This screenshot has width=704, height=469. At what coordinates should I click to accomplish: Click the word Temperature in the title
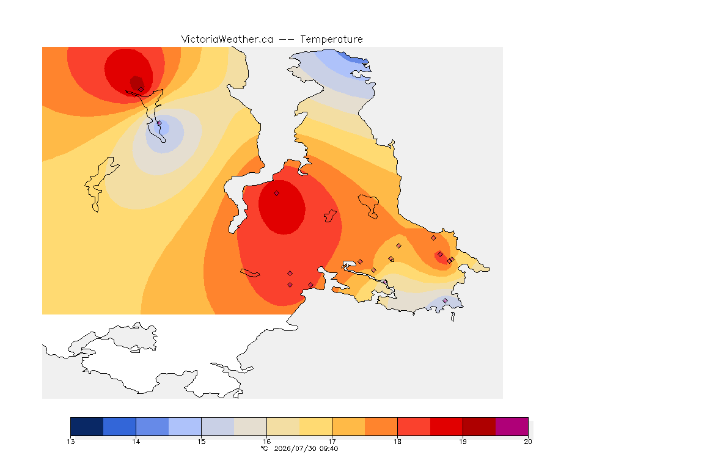[x=331, y=40]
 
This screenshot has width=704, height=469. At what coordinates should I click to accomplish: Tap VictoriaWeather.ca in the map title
[x=227, y=40]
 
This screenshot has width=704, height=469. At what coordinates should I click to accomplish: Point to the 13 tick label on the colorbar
[x=70, y=442]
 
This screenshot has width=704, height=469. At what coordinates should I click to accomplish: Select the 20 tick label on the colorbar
[x=528, y=442]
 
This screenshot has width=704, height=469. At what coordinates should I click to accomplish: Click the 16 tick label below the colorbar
[x=266, y=442]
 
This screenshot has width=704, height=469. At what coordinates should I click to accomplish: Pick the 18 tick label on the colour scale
[x=397, y=442]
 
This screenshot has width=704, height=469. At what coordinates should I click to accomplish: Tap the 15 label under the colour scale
[x=201, y=442]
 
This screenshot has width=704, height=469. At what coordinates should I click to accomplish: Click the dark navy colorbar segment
[x=87, y=426]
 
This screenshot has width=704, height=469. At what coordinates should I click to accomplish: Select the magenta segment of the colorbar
[x=512, y=426]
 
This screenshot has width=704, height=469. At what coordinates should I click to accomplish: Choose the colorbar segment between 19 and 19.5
[x=479, y=426]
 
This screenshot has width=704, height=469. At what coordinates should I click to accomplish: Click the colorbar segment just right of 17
[x=348, y=426]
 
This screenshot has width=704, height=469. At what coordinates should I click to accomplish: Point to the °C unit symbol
[x=264, y=448]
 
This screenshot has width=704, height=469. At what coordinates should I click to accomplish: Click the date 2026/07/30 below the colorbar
[x=295, y=448]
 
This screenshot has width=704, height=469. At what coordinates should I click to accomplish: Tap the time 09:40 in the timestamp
[x=329, y=448]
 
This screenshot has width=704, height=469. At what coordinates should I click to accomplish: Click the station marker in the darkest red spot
[x=141, y=89]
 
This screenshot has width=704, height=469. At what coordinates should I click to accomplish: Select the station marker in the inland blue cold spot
[x=159, y=123]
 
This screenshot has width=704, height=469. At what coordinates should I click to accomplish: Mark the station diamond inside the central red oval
[x=277, y=194]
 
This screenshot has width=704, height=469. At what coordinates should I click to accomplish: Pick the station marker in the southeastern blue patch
[x=445, y=300]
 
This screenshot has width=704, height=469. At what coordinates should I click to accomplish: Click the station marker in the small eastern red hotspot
[x=441, y=255]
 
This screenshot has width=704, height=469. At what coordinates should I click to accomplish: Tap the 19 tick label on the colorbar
[x=463, y=442]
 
